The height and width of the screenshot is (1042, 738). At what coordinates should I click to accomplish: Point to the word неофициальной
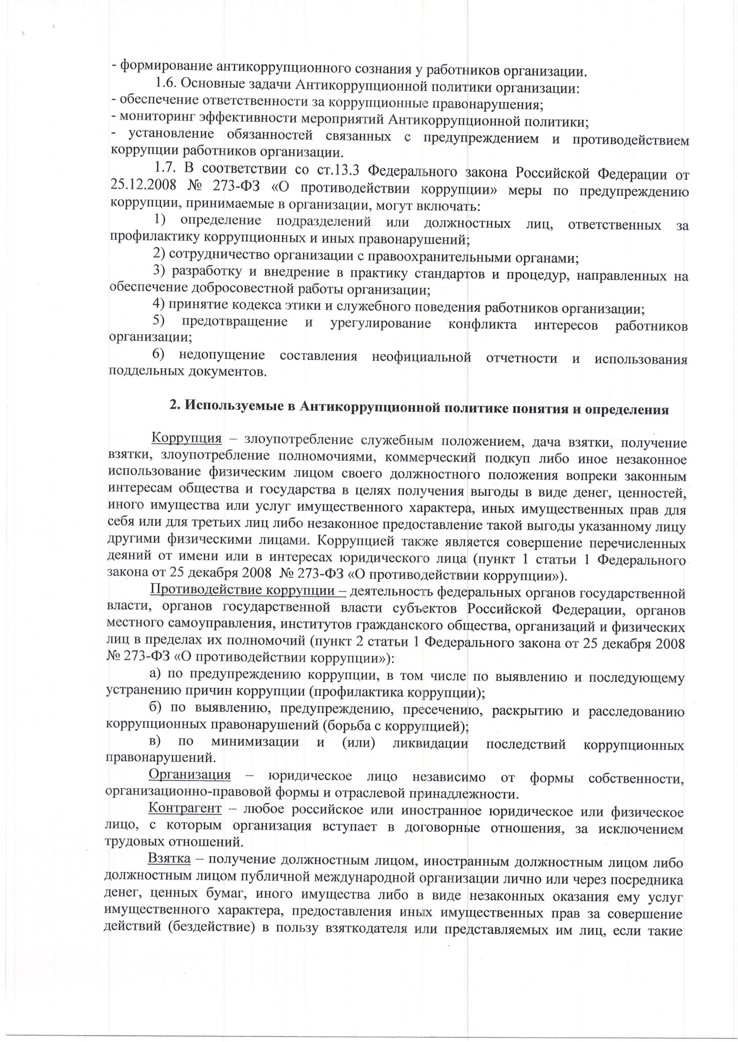[x=421, y=357]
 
